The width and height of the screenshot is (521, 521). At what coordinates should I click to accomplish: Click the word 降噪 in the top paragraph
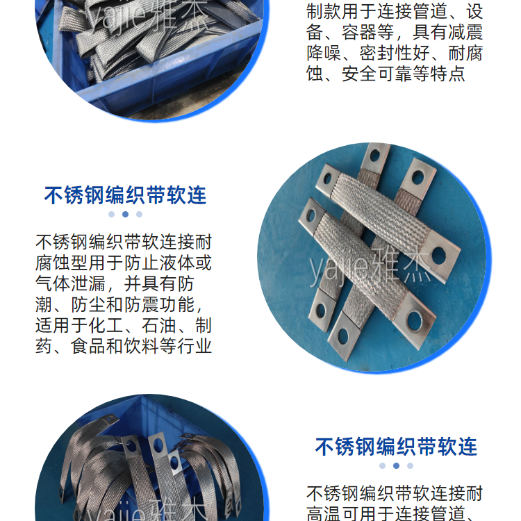pyautogui.click(x=324, y=53)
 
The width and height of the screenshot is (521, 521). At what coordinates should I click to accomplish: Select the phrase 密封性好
pyautogui.click(x=395, y=53)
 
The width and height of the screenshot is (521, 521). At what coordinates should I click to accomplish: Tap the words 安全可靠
pyautogui.click(x=377, y=74)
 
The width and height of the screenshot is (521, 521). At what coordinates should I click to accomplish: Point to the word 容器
pyautogui.click(x=359, y=33)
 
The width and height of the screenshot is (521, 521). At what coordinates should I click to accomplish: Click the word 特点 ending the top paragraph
pyautogui.click(x=447, y=74)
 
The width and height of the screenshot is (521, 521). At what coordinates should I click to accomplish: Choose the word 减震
pyautogui.click(x=465, y=33)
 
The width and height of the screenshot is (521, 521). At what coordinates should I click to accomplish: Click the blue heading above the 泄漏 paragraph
pyautogui.click(x=125, y=195)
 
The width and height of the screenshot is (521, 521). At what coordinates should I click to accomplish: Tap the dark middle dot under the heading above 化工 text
pyautogui.click(x=125, y=215)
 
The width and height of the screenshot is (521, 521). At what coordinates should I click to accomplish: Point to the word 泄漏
pyautogui.click(x=88, y=283)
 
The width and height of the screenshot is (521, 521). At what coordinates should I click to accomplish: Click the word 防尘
pyautogui.click(x=88, y=304)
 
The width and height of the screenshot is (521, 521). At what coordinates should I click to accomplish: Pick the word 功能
pyautogui.click(x=177, y=304)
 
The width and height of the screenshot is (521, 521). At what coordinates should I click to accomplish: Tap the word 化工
pyautogui.click(x=106, y=325)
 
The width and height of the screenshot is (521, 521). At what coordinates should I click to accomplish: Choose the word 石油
pyautogui.click(x=159, y=325)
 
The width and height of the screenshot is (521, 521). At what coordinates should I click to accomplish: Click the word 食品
pyautogui.click(x=88, y=346)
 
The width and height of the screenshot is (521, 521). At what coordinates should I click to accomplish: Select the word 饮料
pyautogui.click(x=142, y=346)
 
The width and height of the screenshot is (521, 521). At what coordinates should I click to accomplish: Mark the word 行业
pyautogui.click(x=195, y=346)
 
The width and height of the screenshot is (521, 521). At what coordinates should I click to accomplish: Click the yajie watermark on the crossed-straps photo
pyautogui.click(x=370, y=267)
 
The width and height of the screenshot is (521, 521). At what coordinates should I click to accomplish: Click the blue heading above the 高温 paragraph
pyautogui.click(x=396, y=447)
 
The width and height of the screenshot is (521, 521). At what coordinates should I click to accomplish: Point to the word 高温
pyautogui.click(x=324, y=513)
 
